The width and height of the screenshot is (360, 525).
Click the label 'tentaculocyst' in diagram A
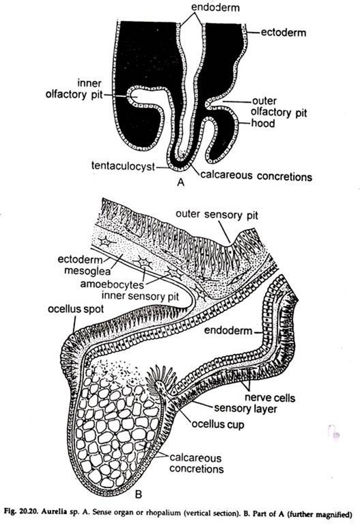(x=123, y=166)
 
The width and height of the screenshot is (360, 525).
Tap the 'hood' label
(x=263, y=123)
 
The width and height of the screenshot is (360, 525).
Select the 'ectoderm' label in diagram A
(x=283, y=33)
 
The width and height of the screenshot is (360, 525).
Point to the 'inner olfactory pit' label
(x=74, y=89)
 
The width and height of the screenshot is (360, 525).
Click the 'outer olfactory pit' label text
(x=279, y=107)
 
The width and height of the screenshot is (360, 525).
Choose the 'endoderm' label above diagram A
(x=215, y=7)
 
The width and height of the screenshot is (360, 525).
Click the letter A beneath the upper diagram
(x=180, y=182)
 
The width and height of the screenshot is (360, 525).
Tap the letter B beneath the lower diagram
(x=138, y=494)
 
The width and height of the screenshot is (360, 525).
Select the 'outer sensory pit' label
(x=217, y=215)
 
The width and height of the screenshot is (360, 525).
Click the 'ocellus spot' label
(x=76, y=309)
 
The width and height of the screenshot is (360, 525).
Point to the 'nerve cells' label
(x=270, y=398)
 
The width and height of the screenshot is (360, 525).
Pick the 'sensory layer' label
(x=245, y=409)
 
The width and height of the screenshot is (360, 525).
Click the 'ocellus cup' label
(x=218, y=425)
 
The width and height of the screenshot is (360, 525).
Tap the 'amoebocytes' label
(x=112, y=284)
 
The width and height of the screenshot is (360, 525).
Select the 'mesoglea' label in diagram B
(x=87, y=270)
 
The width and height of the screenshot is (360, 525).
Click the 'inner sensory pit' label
(x=140, y=296)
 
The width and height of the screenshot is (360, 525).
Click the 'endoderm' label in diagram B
(x=228, y=330)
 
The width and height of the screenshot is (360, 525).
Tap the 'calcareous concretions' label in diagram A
(x=256, y=176)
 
